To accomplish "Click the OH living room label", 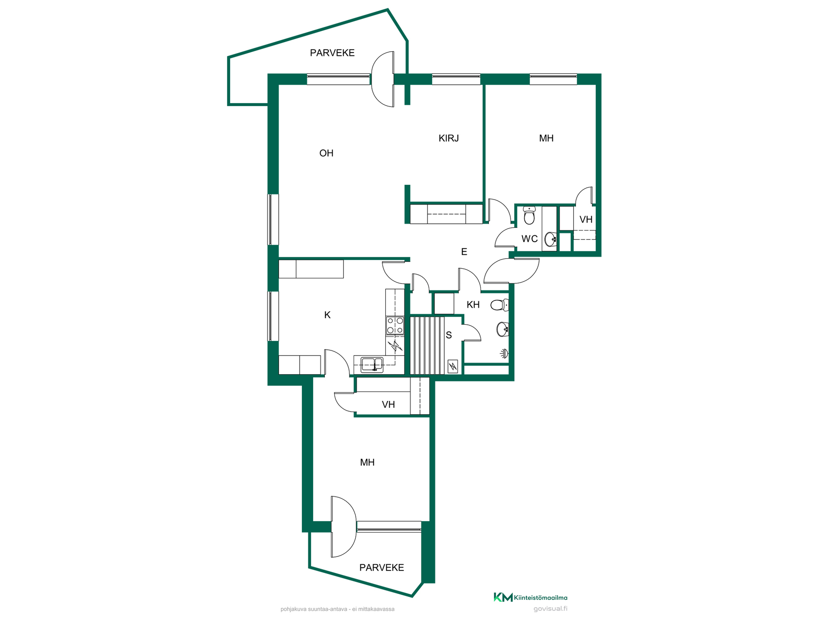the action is (x=326, y=153).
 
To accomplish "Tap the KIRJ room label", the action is (x=448, y=138).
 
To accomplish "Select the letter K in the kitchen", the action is (x=327, y=315).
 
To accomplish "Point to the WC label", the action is (x=529, y=239).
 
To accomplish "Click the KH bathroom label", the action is (x=473, y=305).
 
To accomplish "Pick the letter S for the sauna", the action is (x=449, y=335).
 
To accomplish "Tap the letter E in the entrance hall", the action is (x=464, y=252).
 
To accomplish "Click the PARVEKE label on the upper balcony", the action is (x=332, y=53).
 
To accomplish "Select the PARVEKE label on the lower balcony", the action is (x=382, y=567).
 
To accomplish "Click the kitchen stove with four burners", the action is (x=395, y=326).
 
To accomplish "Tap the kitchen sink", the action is (x=372, y=364).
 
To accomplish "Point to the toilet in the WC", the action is (x=529, y=215).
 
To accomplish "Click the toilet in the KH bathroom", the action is (x=500, y=305).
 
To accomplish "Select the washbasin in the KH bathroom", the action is (x=503, y=330).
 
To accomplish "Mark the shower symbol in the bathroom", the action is (x=504, y=353).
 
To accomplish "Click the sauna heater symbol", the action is (x=453, y=366).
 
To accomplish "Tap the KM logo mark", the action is (x=503, y=597).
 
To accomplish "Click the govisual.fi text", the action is (x=550, y=609).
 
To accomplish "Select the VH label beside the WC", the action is (x=586, y=220).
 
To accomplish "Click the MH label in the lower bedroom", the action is (x=367, y=463).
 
